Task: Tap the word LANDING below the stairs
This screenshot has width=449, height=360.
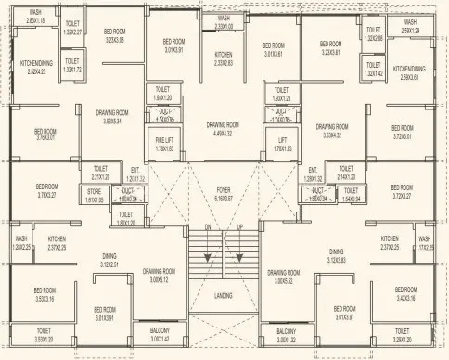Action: (x=224, y=295)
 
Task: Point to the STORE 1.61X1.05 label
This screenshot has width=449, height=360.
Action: (x=96, y=196)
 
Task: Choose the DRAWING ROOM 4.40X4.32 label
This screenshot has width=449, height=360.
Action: (x=224, y=128)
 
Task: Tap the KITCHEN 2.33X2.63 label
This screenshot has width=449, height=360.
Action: (x=224, y=59)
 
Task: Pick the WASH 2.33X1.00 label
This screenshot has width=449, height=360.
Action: (x=224, y=23)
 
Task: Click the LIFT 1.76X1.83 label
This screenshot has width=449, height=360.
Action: (x=282, y=144)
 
